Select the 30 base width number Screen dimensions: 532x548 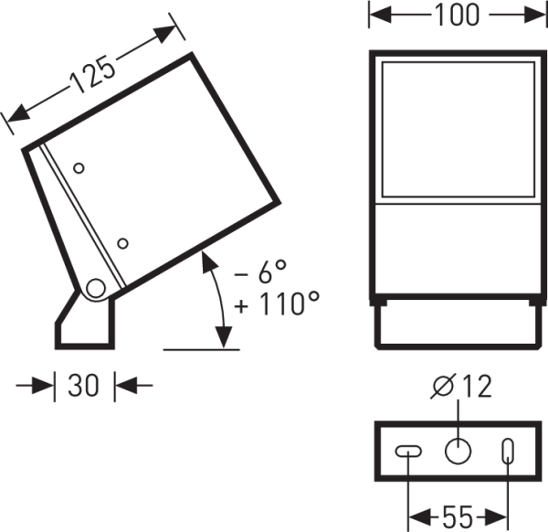[x=84, y=386]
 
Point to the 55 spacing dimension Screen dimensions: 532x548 [x=456, y=517]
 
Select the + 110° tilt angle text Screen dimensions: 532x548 [x=276, y=304]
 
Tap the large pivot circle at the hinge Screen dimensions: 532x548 [x=94, y=289]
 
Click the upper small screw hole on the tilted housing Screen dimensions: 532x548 [x=79, y=168]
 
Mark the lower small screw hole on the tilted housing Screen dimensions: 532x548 [x=122, y=243]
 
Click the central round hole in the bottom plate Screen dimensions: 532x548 [x=457, y=450]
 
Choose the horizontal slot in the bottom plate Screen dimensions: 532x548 [x=407, y=450]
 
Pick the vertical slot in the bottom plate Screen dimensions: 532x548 [x=508, y=450]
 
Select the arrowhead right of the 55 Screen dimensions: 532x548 [x=500, y=517]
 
